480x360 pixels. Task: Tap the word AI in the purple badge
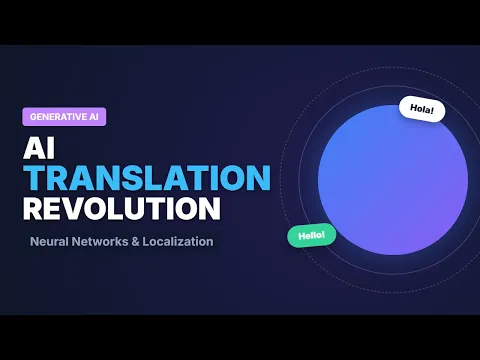pos(94,117)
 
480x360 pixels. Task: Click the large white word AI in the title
pos(39,149)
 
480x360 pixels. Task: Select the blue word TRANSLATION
pos(147,178)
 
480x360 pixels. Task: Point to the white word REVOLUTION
pos(122,208)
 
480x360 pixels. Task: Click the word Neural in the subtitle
pos(49,241)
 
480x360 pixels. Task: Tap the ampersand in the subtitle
pos(135,242)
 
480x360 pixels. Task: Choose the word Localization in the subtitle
pos(178,241)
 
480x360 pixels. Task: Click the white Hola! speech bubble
pos(422,109)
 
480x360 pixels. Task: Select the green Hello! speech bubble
pos(312,235)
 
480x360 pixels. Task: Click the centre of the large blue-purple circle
pos(393,180)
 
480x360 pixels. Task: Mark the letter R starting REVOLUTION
pos(33,209)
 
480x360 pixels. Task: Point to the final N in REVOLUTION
pos(210,209)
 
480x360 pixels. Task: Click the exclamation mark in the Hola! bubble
pos(432,110)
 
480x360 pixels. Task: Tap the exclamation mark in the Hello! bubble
pos(323,234)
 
